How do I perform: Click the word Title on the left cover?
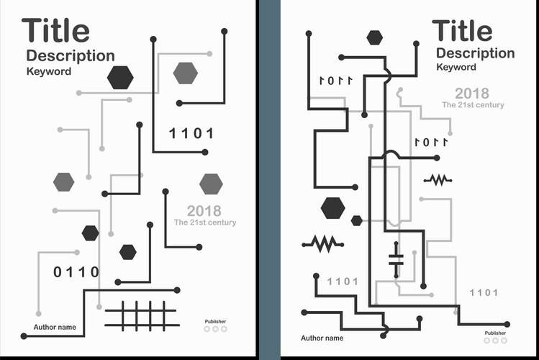(55, 31)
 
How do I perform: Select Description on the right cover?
(475, 53)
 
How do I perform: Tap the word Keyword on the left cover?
(49, 71)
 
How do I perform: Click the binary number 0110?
(76, 271)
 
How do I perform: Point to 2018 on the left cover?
(204, 211)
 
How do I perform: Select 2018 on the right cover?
(471, 93)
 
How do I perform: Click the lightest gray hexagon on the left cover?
(185, 73)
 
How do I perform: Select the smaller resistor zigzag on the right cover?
(438, 179)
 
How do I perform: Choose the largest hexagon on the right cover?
(332, 207)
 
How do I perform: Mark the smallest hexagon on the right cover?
(356, 220)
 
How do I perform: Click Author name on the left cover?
(55, 328)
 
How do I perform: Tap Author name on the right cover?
(322, 338)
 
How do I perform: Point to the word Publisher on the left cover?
(215, 321)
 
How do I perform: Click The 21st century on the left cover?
(205, 222)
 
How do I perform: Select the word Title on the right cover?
(462, 31)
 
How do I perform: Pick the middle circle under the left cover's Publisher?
(215, 329)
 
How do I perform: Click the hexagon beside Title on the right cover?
(374, 37)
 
